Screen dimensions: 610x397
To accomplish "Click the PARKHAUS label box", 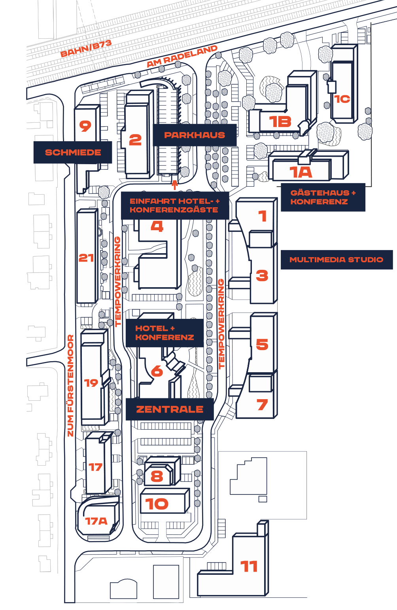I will click(195, 135).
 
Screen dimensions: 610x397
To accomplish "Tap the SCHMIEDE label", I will click(73, 152).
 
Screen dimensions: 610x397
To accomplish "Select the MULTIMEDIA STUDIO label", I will click(337, 260).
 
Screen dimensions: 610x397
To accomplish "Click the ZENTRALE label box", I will click(170, 409).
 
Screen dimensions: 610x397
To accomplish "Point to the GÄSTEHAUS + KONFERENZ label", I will click(323, 197).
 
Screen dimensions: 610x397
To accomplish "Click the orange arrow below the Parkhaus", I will click(175, 185).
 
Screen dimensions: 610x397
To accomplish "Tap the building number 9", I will click(85, 126).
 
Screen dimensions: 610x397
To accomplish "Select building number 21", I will click(86, 258).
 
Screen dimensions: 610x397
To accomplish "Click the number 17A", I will click(96, 521).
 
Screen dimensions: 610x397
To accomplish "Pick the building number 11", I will click(249, 566).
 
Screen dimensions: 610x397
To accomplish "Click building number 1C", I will click(342, 99).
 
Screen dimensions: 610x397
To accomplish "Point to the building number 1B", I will click(280, 122).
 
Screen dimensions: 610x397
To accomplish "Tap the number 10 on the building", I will click(157, 504).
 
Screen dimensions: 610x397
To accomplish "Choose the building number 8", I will click(157, 476).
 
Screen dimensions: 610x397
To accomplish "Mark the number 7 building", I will click(263, 405).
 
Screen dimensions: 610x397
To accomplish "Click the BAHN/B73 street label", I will click(86, 48).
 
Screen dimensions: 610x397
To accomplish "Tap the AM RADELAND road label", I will click(182, 56).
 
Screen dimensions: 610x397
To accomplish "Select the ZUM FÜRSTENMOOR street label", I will click(70, 386).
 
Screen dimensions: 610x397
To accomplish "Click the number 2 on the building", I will click(135, 140).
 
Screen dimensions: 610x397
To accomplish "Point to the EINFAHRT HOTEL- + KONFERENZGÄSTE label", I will click(174, 205).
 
